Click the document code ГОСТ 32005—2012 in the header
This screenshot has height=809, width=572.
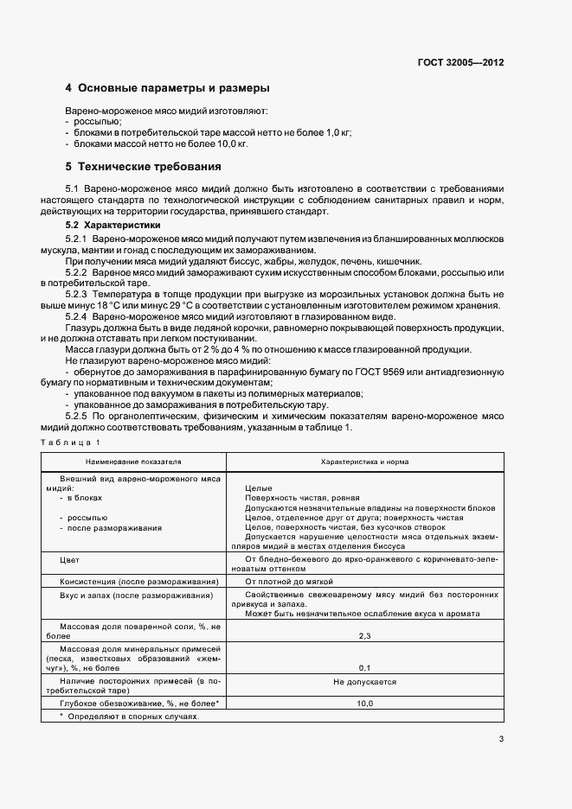460,63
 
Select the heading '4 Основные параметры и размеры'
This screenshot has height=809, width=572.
168,88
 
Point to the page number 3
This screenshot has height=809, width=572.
501,738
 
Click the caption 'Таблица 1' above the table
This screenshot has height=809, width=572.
77,443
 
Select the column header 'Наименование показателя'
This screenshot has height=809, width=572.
132,462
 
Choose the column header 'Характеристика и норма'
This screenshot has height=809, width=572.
364,462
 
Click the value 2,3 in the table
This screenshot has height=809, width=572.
364,636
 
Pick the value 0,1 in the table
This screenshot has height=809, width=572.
364,668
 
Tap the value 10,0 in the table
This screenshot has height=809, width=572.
364,704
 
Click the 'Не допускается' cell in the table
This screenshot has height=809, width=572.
364,681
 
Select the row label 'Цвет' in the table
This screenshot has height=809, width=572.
69,560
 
